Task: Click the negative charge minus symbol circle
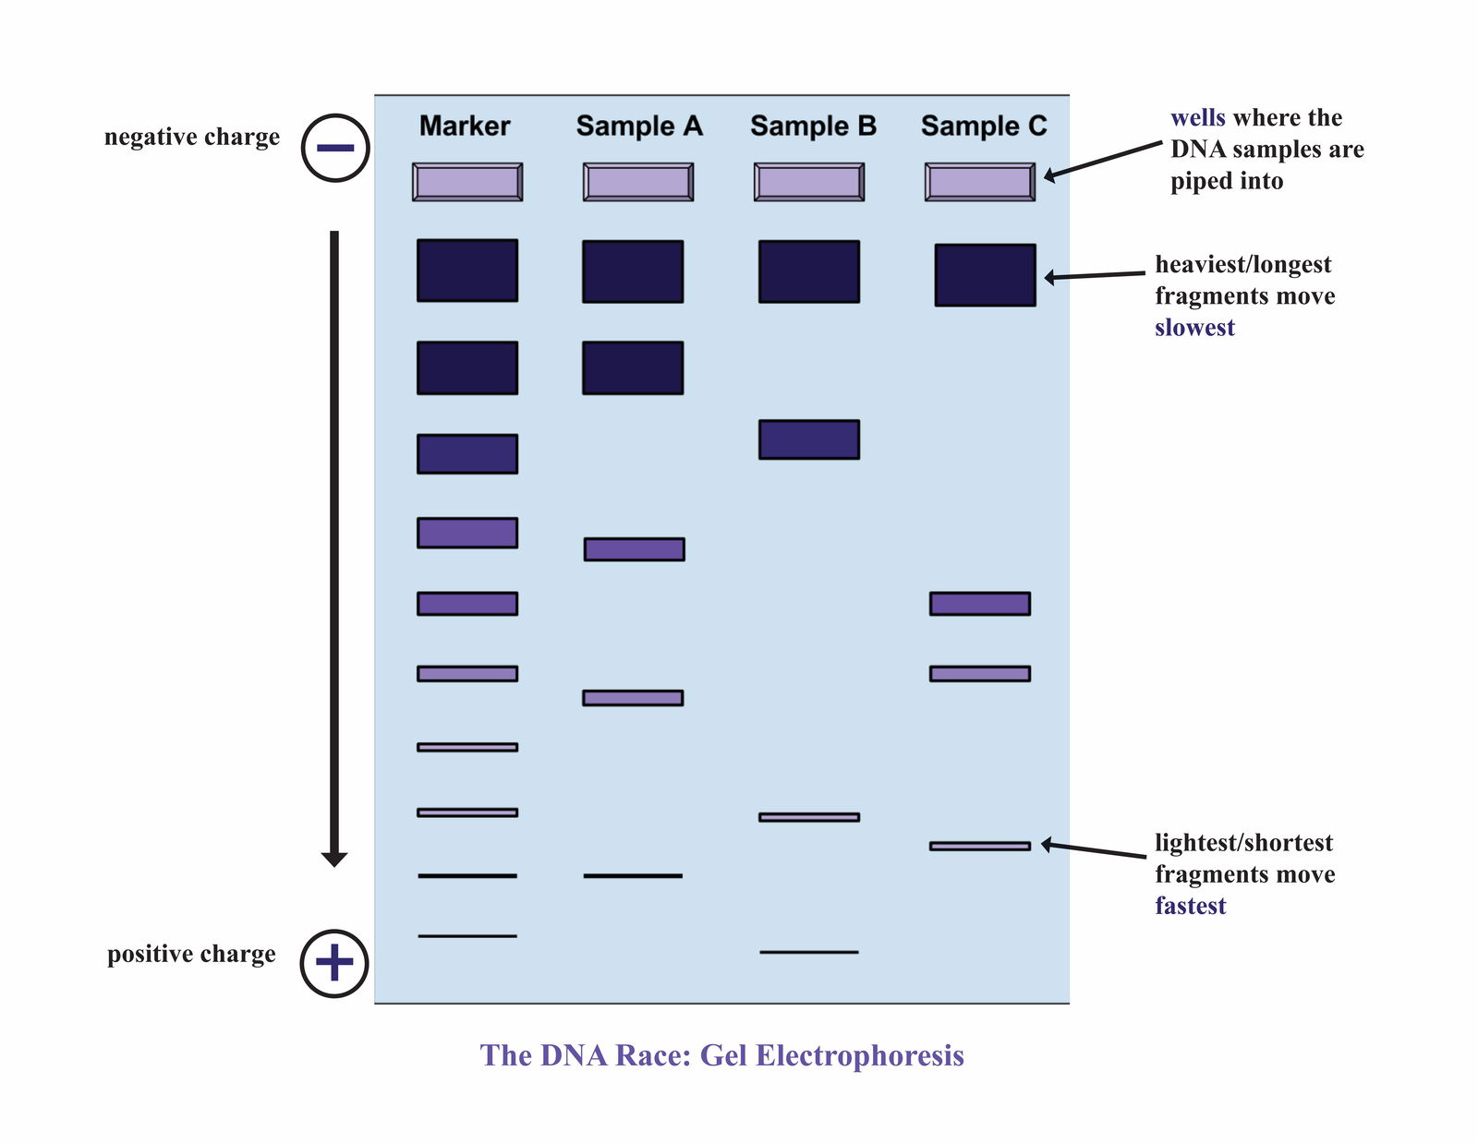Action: [x=335, y=148]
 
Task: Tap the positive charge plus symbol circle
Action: [x=334, y=963]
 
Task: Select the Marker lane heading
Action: [x=465, y=126]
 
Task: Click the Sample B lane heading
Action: [x=813, y=126]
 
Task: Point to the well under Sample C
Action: [x=980, y=182]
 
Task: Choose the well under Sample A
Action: [x=638, y=182]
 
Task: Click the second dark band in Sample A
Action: [x=633, y=367]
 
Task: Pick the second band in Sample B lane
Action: [x=809, y=439]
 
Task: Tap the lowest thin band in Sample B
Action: [x=809, y=952]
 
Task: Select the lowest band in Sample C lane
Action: [x=980, y=846]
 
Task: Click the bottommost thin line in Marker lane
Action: [x=467, y=936]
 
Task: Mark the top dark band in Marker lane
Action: [x=467, y=271]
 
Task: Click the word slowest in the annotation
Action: [x=1194, y=328]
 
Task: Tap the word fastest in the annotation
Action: [x=1190, y=906]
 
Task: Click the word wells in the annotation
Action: [x=1197, y=118]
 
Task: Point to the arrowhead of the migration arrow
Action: [x=334, y=859]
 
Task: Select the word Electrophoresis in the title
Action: [x=859, y=1055]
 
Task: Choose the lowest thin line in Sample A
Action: [x=633, y=875]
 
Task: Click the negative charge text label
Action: [x=192, y=137]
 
